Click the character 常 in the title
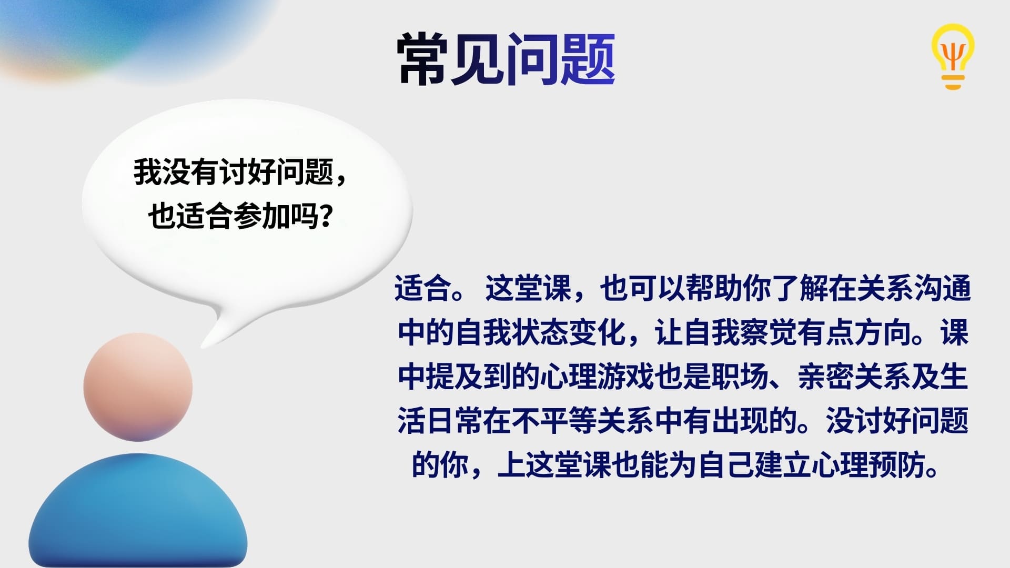pyautogui.click(x=423, y=59)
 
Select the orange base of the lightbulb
pyautogui.click(x=953, y=81)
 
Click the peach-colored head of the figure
pyautogui.click(x=138, y=387)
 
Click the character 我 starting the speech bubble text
pyautogui.click(x=147, y=172)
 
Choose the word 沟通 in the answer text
pyautogui.click(x=943, y=289)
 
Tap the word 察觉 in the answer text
pyautogui.click(x=769, y=333)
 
